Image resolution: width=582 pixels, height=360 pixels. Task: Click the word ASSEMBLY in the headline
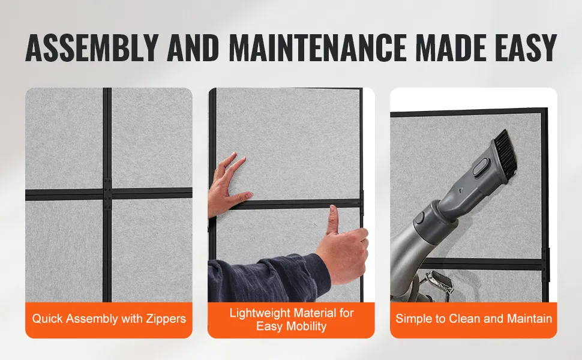click(x=92, y=47)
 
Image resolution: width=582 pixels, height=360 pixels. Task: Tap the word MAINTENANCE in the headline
click(x=317, y=47)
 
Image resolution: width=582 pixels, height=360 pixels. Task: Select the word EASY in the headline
click(x=526, y=47)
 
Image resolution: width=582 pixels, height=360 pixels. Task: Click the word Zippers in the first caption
click(x=166, y=319)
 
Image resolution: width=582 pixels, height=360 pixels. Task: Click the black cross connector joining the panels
click(x=107, y=194)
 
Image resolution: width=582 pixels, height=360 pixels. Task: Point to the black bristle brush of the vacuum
click(x=506, y=153)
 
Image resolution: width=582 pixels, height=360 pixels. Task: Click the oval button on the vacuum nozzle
click(x=480, y=167)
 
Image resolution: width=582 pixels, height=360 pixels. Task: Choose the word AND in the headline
click(x=193, y=47)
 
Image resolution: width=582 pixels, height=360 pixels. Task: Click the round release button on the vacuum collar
click(x=419, y=217)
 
